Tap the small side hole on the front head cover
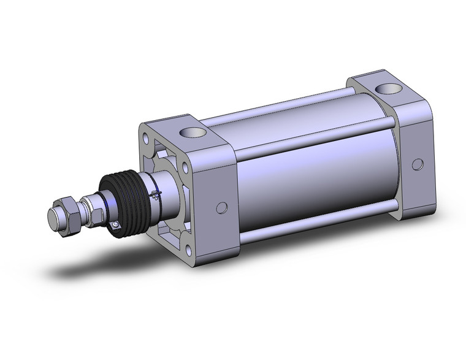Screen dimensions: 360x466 tap(222, 208)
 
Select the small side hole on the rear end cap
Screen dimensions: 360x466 tap(418, 164)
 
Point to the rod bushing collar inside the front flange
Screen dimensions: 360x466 tap(169, 190)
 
